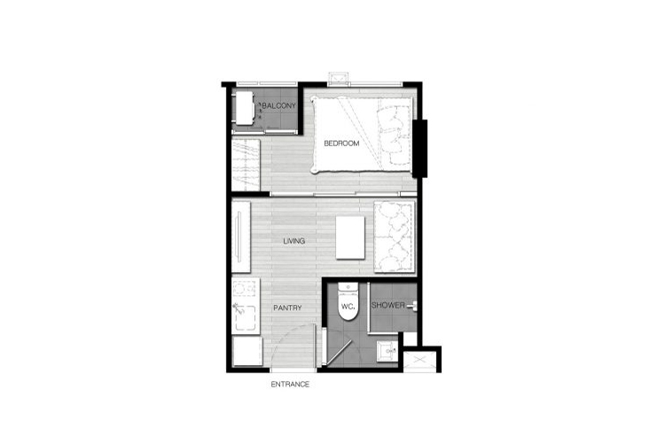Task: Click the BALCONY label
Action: (x=278, y=105)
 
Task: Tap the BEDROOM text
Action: (x=341, y=144)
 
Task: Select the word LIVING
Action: (x=293, y=241)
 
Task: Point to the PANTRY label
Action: (x=287, y=307)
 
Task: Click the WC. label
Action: (x=348, y=306)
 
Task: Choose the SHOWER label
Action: (x=387, y=305)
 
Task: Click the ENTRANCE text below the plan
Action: (x=290, y=384)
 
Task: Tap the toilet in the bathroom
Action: (x=348, y=301)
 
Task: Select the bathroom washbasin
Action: (x=387, y=351)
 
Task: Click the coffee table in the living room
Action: (x=350, y=237)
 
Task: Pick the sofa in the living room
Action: (x=394, y=237)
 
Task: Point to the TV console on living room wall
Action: (x=241, y=237)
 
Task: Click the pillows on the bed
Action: (x=395, y=135)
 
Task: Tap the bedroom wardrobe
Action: (x=246, y=165)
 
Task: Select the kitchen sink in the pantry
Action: (x=245, y=316)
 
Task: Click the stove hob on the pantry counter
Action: (x=245, y=289)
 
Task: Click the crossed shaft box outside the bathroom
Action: (x=419, y=361)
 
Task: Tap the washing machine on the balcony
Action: (x=245, y=108)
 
